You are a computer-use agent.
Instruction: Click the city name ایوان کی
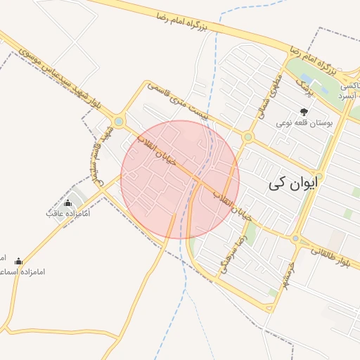[x=293, y=184]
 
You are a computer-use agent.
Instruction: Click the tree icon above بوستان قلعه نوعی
[x=304, y=111]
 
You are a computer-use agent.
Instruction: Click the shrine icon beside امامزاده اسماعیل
[x=18, y=261]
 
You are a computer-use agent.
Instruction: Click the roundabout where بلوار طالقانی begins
[x=295, y=239]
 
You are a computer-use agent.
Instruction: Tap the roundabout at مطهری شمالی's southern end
[x=247, y=137]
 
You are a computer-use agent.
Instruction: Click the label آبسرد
[x=349, y=95]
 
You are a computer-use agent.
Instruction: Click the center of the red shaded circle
[x=180, y=179]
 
